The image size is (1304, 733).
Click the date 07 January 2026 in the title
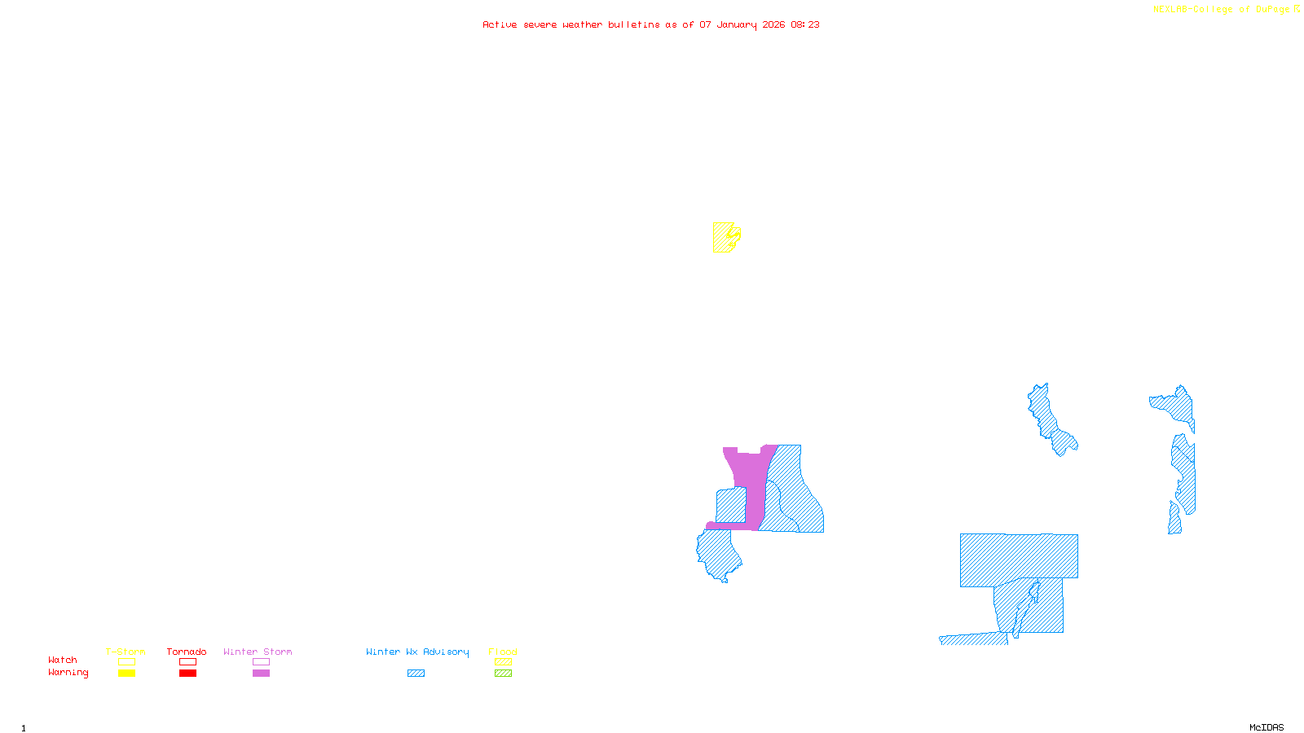click(x=742, y=25)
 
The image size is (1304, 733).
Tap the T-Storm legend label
click(x=126, y=652)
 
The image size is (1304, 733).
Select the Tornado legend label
click(x=187, y=652)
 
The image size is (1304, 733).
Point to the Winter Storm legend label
click(x=258, y=652)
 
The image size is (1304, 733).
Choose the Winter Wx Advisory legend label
click(x=417, y=652)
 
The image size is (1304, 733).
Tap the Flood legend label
click(x=503, y=652)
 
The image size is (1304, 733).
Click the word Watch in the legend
click(x=63, y=660)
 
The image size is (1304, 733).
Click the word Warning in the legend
click(x=68, y=673)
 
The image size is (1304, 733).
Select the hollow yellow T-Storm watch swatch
click(x=126, y=662)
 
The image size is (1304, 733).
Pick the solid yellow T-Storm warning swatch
click(x=126, y=674)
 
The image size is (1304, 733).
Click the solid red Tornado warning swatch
click(x=188, y=674)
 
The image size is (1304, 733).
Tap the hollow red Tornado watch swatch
click(x=188, y=662)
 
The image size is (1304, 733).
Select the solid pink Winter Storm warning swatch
click(x=261, y=674)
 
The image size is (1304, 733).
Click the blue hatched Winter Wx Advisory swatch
click(x=416, y=674)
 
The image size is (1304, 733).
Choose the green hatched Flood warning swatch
click(x=504, y=674)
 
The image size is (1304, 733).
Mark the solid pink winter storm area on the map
click(x=753, y=481)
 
